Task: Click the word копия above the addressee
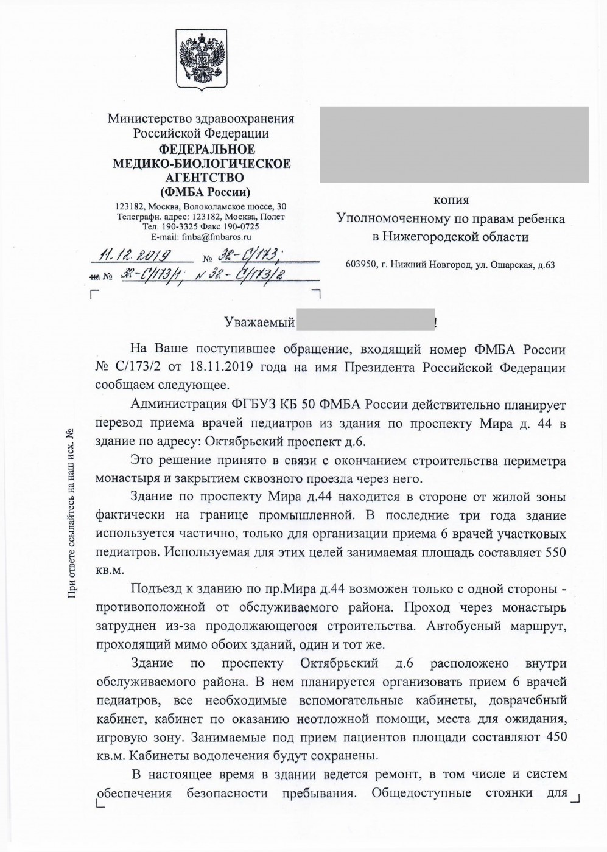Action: [x=451, y=200]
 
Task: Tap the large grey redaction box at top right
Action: [x=454, y=144]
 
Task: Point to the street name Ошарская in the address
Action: [x=513, y=265]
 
